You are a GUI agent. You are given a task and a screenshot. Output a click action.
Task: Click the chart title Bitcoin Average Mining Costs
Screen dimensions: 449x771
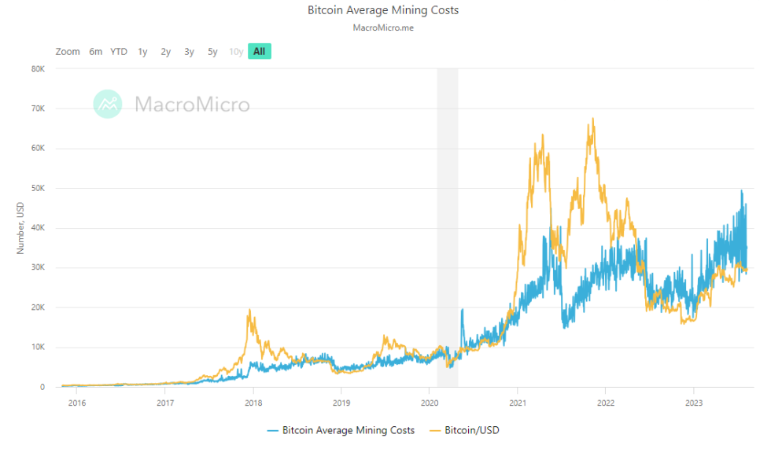383,11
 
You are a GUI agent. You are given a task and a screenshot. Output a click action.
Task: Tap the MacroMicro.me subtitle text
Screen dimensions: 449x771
383,28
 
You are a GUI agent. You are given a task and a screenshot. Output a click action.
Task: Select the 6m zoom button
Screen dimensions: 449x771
95,52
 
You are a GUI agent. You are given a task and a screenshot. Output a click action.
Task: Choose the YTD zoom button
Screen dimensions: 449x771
119,52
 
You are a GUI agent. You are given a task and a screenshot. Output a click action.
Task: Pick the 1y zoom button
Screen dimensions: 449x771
142,52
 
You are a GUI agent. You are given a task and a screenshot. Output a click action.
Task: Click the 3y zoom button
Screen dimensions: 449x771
189,52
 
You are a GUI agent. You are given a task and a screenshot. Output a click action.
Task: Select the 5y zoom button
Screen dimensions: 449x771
212,52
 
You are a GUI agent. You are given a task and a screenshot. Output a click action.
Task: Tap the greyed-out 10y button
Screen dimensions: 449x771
236,52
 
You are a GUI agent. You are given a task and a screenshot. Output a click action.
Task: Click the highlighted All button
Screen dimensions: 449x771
260,52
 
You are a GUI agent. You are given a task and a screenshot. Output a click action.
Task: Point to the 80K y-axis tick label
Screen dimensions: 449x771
38,68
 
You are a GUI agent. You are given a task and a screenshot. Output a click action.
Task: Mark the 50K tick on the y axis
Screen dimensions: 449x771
38,188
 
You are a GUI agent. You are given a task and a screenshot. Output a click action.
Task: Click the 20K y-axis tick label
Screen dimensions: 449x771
38,307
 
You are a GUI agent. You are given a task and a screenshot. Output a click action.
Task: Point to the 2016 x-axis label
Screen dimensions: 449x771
77,403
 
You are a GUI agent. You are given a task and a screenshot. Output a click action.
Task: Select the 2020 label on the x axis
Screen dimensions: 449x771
430,403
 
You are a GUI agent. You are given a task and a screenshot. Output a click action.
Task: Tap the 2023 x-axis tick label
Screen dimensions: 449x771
693,403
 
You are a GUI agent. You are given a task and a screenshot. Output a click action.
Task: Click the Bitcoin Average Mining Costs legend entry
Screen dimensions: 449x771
341,430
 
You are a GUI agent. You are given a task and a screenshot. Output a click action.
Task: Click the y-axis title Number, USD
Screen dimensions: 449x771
22,227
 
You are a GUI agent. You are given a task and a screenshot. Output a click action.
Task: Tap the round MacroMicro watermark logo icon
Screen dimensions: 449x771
108,104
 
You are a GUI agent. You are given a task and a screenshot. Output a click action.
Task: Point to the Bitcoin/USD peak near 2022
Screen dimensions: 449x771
592,119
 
